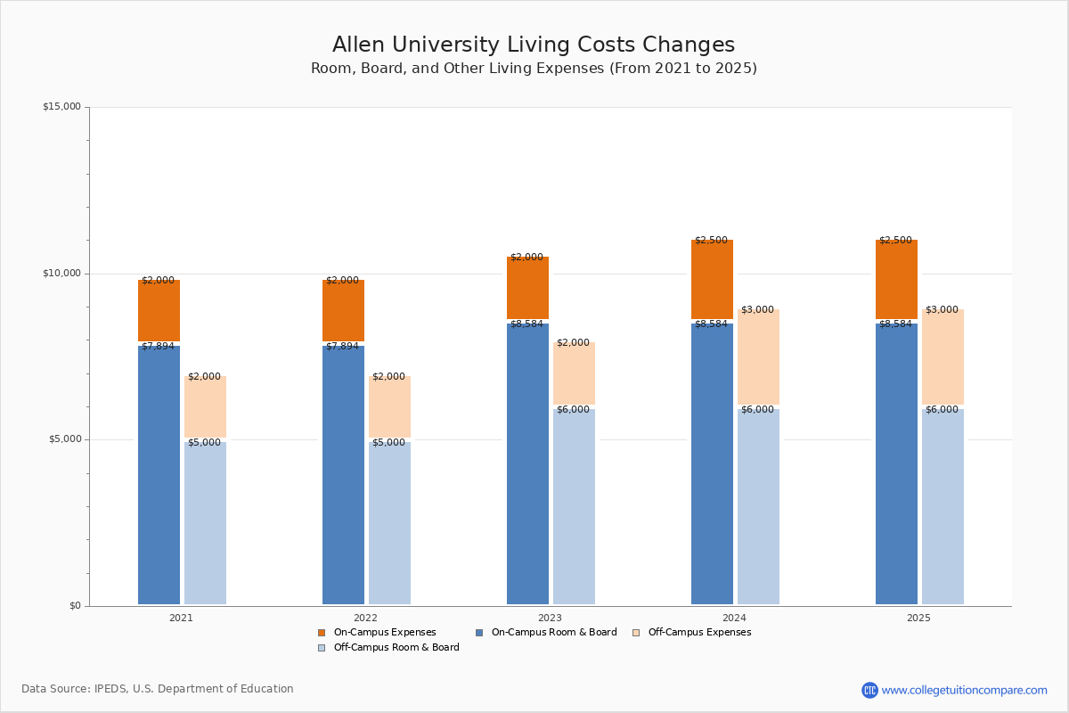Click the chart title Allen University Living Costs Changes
point(533,45)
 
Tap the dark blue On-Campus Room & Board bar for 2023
point(527,463)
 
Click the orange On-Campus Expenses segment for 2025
point(896,280)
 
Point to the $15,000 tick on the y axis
point(61,107)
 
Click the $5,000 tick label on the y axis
point(61,439)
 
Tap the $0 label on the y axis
point(75,606)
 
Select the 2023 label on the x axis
point(550,618)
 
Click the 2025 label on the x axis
point(918,618)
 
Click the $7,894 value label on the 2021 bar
point(158,347)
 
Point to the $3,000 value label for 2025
point(942,310)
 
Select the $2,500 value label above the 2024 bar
point(711,241)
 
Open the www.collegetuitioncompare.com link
point(964,690)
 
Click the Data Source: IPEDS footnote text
point(158,689)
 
